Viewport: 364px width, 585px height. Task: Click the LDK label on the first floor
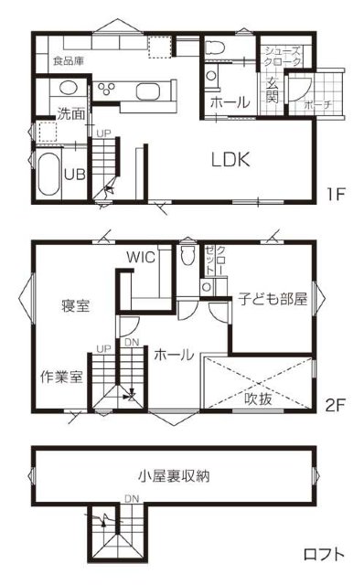point(230,160)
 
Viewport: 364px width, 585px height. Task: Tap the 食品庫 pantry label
point(69,60)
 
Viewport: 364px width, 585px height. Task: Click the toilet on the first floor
point(214,47)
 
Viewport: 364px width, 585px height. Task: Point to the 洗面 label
point(71,113)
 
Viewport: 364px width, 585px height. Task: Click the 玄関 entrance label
point(273,91)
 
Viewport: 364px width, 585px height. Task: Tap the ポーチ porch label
point(317,104)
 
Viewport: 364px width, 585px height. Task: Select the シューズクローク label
point(283,57)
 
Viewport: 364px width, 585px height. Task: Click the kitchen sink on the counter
point(148,91)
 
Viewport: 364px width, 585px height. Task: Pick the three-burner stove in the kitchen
point(106,89)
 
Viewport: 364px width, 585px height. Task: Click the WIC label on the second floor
point(141,257)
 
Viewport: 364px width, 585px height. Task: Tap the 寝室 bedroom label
point(75,305)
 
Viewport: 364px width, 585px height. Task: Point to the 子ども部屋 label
point(273,299)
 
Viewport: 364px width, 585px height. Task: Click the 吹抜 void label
point(258,399)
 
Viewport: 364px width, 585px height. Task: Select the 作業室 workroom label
point(61,377)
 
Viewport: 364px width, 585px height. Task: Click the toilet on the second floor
point(187,255)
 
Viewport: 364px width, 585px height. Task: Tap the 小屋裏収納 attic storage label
point(174,476)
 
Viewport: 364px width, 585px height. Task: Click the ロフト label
point(324,555)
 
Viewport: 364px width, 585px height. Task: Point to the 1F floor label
point(336,194)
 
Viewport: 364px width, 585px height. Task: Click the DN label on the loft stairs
point(132,498)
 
